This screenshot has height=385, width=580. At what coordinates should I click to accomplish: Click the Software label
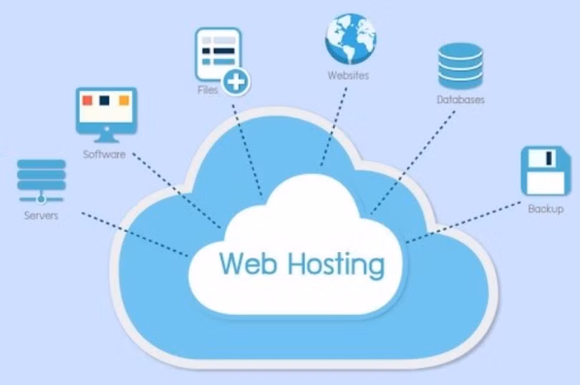pyautogui.click(x=105, y=154)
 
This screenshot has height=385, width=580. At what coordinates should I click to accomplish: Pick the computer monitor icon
pyautogui.click(x=105, y=112)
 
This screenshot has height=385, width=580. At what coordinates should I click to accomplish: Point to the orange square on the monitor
pyautogui.click(x=123, y=101)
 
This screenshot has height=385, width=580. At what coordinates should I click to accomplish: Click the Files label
pyautogui.click(x=208, y=90)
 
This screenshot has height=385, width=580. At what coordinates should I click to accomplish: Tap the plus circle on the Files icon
pyautogui.click(x=235, y=82)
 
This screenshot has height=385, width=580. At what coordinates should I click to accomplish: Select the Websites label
pyautogui.click(x=348, y=75)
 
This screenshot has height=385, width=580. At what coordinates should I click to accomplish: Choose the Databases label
pyautogui.click(x=460, y=99)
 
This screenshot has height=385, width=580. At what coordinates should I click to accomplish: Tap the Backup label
pyautogui.click(x=546, y=209)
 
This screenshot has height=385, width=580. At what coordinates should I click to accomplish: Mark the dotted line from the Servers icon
pyautogui.click(x=136, y=233)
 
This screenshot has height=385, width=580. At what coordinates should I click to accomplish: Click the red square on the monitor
pyautogui.click(x=87, y=101)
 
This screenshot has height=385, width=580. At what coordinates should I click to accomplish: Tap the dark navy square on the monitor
pyautogui.click(x=105, y=101)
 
